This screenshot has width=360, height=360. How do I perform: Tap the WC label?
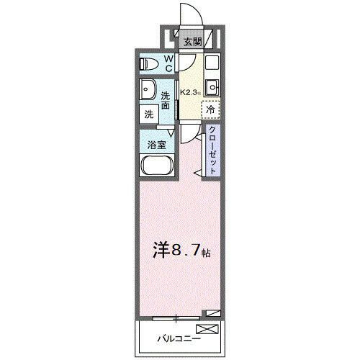tap(168, 63)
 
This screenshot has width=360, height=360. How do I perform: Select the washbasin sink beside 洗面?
tap(149, 91)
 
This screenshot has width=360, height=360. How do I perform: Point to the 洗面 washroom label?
tap(166, 100)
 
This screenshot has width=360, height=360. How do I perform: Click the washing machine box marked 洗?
tap(149, 114)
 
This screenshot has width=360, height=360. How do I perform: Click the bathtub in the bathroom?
tap(156, 168)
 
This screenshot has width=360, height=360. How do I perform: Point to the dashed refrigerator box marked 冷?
tap(210, 111)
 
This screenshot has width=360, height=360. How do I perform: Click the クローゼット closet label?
tap(214, 147)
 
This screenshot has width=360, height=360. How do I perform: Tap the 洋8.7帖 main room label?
tap(179, 251)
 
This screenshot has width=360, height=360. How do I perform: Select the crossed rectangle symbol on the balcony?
tap(207, 330)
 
